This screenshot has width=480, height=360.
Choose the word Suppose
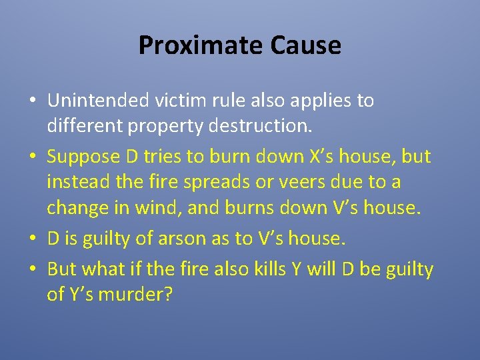coord(83,157)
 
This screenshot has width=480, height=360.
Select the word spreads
coord(221,182)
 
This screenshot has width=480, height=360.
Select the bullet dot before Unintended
coord(32,101)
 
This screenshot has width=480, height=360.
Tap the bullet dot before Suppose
coord(32,158)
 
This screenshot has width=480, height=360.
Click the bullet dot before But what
coord(32,270)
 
